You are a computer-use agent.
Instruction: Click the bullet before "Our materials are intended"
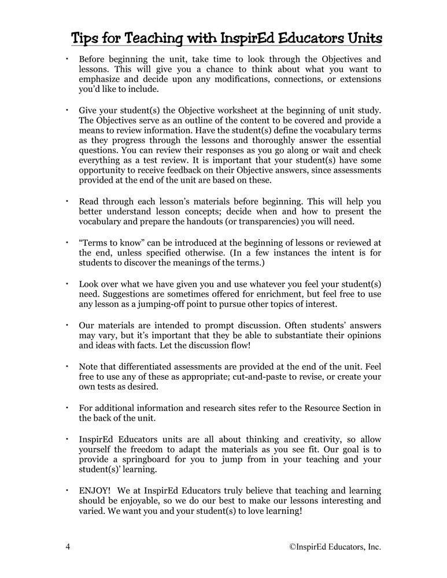[67, 325]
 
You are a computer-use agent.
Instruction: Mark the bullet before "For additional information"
[67, 408]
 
